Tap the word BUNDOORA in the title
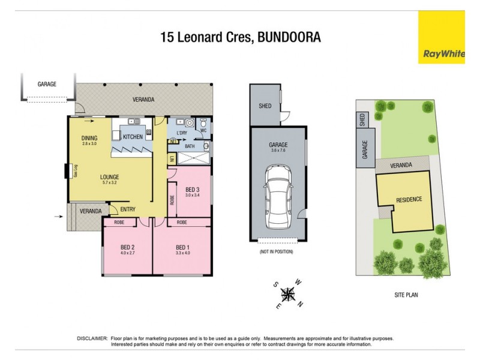tap(290, 37)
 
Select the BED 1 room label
tap(183, 247)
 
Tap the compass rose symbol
tap(289, 293)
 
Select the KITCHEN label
tap(133, 137)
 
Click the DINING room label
tap(89, 138)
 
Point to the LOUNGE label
tap(109, 177)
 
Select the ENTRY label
tap(127, 209)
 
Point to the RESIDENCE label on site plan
tap(409, 199)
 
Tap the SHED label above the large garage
tap(265, 106)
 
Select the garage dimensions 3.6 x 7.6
tap(278, 151)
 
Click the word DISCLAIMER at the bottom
tap(92, 338)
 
